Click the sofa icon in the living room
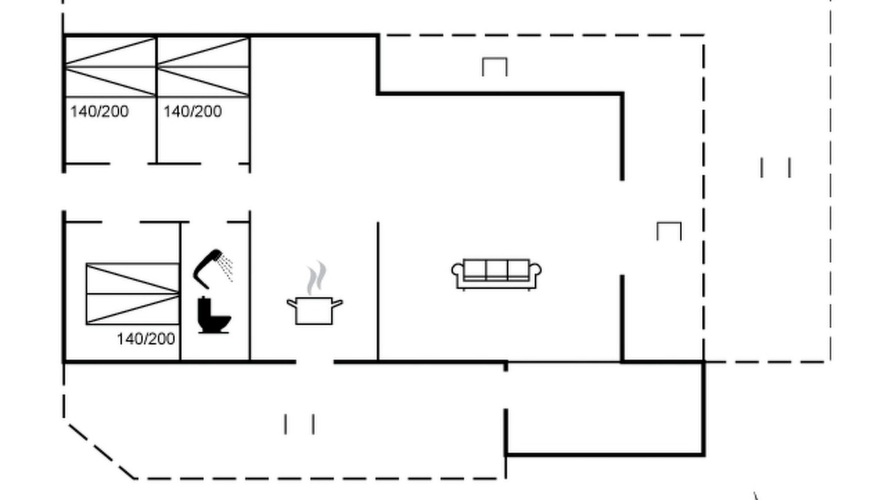coord(496,274)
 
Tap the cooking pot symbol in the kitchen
coord(314,310)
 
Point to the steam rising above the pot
coord(316,278)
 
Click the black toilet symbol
coord(214,315)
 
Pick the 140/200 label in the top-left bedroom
coord(99,112)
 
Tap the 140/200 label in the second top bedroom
coord(193,112)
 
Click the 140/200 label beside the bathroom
coord(146,340)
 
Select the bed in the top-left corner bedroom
coord(110,67)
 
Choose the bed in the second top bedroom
coord(203,67)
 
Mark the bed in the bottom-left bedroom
coord(133,294)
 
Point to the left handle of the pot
coord(292,303)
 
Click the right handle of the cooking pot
coord(337,303)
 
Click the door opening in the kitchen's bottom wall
coord(315,362)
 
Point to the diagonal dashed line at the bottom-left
coord(101,451)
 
